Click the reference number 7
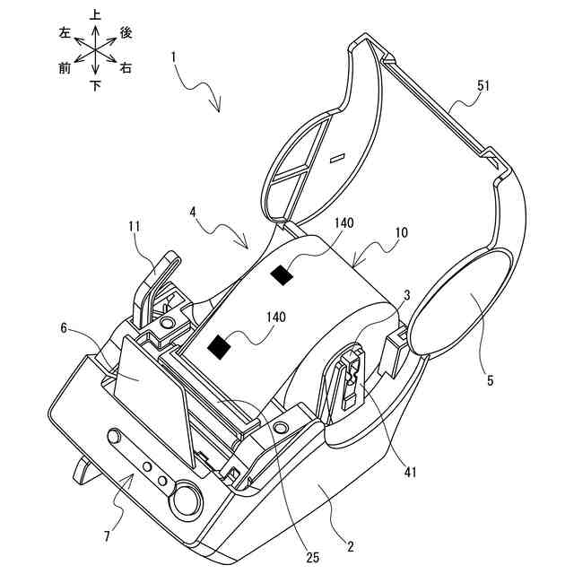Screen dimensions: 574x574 tap(107, 536)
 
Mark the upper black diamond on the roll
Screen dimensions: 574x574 tap(283, 277)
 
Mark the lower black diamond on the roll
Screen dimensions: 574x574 tap(219, 346)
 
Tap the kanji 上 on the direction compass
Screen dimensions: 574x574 tap(94, 14)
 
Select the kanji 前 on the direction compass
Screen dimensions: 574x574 tap(65, 68)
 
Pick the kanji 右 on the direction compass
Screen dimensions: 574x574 tap(126, 68)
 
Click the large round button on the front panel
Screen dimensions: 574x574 tap(187, 499)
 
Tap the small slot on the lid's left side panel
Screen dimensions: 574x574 tap(337, 159)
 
